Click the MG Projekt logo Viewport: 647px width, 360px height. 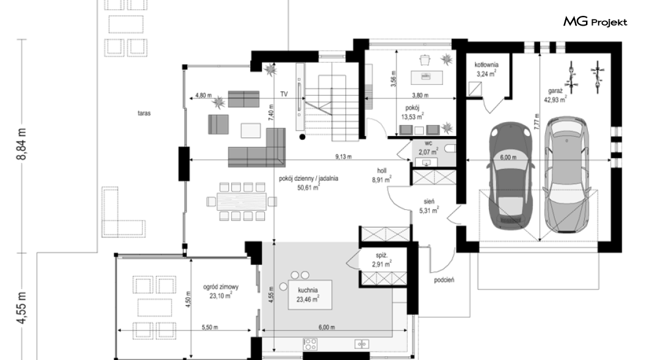[595, 22]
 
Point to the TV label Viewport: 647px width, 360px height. [284, 95]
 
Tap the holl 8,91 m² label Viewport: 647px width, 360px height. [381, 175]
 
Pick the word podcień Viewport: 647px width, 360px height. [444, 280]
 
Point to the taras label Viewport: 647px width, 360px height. [144, 113]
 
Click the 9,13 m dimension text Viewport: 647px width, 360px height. [343, 157]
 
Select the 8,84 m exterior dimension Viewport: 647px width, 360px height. [23, 144]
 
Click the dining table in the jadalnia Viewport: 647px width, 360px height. [242, 201]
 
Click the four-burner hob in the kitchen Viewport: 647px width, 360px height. [310, 344]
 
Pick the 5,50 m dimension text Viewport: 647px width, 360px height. [209, 328]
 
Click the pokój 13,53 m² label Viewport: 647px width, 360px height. [412, 112]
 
